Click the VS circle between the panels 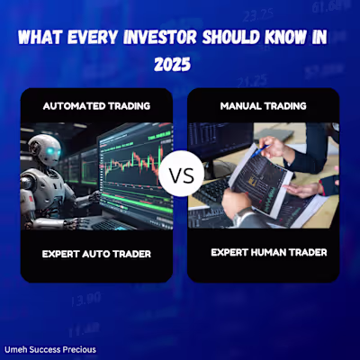coord(181,173)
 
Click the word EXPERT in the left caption coord(62,254)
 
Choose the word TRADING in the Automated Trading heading coord(129,106)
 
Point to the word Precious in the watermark coord(78,349)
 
